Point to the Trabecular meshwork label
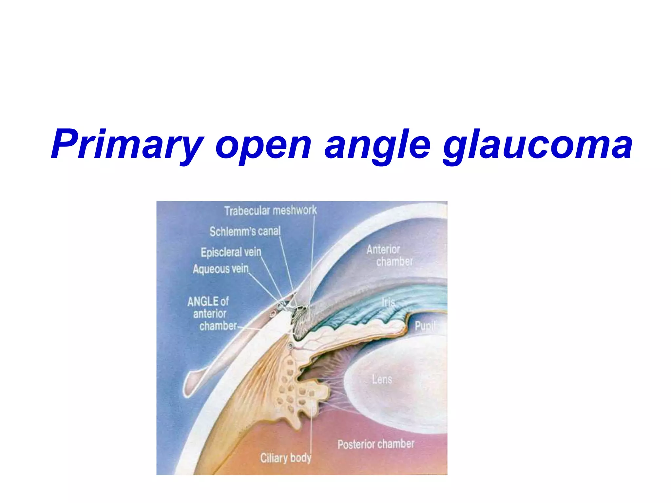pyautogui.click(x=270, y=210)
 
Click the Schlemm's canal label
pyautogui.click(x=245, y=231)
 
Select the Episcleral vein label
pyautogui.click(x=231, y=252)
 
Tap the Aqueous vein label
pyautogui.click(x=220, y=269)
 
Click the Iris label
pyautogui.click(x=388, y=302)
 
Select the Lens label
pyautogui.click(x=382, y=379)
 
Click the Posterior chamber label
pyautogui.click(x=376, y=444)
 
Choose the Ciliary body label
pyautogui.click(x=285, y=457)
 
